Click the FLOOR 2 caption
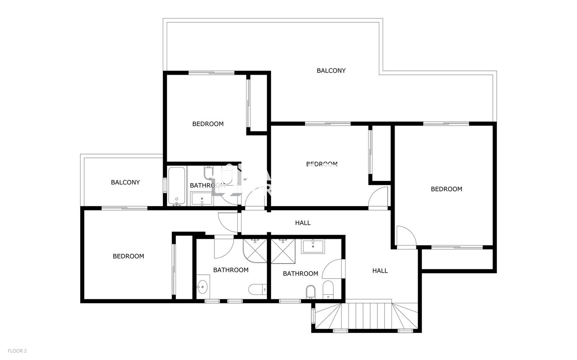point(17,351)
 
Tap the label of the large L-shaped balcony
point(331,70)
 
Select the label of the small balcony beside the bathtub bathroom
point(125,182)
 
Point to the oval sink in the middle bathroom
point(202,287)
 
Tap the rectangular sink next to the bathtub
point(202,199)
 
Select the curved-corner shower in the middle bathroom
point(255,251)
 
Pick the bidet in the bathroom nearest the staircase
point(311,292)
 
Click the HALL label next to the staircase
point(380,271)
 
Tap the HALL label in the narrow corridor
point(303,223)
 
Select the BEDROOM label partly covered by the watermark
point(322,164)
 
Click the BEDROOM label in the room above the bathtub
point(208,124)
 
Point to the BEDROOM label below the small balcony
point(128,256)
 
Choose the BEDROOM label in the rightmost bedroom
point(446,189)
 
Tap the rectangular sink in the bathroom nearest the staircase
point(313,246)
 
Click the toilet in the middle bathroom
point(258,290)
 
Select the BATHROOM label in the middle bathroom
point(231,270)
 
